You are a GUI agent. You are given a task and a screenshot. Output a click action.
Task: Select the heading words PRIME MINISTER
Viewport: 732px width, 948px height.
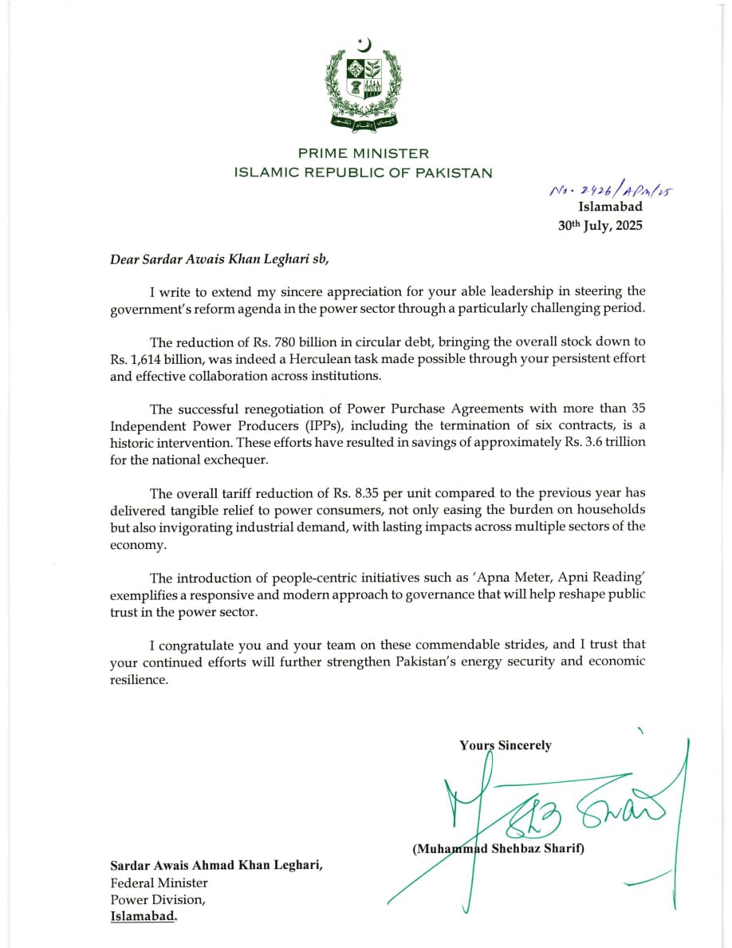click(x=364, y=153)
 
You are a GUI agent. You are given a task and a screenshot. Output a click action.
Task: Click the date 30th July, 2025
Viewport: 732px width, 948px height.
click(x=600, y=225)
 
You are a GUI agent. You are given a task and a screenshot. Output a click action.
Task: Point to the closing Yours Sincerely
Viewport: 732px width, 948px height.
click(x=505, y=745)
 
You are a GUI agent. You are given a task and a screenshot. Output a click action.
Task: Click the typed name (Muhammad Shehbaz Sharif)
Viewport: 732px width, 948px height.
click(x=498, y=848)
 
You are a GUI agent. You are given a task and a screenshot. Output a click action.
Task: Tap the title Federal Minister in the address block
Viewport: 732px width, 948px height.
click(x=159, y=883)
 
